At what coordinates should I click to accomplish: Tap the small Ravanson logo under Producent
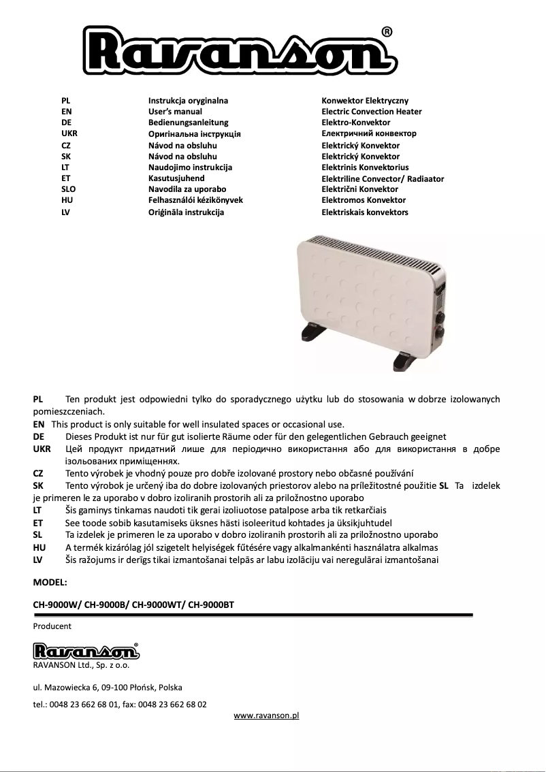click(86, 651)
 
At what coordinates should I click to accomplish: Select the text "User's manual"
click(175, 112)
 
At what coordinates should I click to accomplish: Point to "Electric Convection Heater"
click(371, 112)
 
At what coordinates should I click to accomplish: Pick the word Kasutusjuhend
click(176, 178)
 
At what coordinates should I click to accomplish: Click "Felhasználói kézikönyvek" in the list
click(195, 200)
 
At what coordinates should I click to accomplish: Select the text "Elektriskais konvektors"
click(364, 212)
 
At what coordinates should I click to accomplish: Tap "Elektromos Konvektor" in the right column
click(363, 200)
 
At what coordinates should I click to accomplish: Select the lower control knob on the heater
click(439, 333)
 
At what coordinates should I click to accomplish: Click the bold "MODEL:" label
click(50, 583)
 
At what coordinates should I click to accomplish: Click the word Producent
click(52, 626)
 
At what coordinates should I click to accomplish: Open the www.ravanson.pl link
click(266, 715)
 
